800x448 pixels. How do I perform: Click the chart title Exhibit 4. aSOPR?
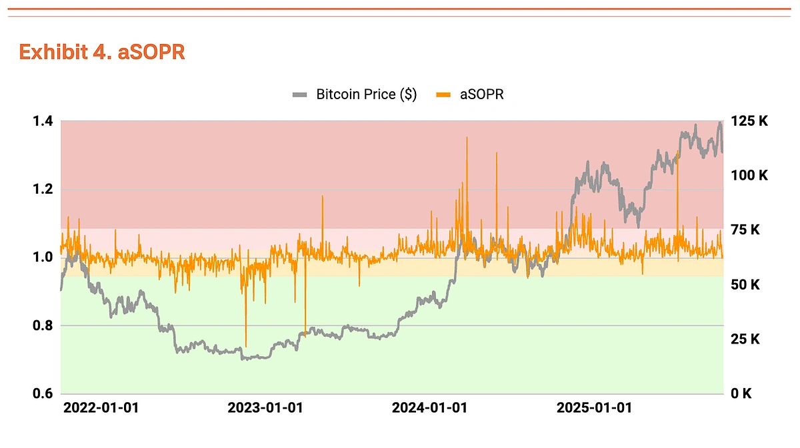pos(102,52)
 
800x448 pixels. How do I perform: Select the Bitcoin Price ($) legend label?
pos(366,95)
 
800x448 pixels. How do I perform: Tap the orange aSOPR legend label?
pos(481,95)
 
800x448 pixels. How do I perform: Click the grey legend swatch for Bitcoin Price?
pos(301,95)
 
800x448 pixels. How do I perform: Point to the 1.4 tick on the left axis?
pos(43,121)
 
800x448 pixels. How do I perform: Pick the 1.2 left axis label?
pos(43,189)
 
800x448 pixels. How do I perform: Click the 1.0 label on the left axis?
pos(43,257)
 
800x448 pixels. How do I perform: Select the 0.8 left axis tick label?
pos(43,326)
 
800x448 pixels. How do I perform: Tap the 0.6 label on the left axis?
pos(43,393)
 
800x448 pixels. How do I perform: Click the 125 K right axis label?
pos(750,121)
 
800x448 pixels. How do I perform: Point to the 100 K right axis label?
pos(750,176)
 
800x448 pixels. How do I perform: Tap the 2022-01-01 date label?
pos(101,407)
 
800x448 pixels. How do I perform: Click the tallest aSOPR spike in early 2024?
pos(467,138)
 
